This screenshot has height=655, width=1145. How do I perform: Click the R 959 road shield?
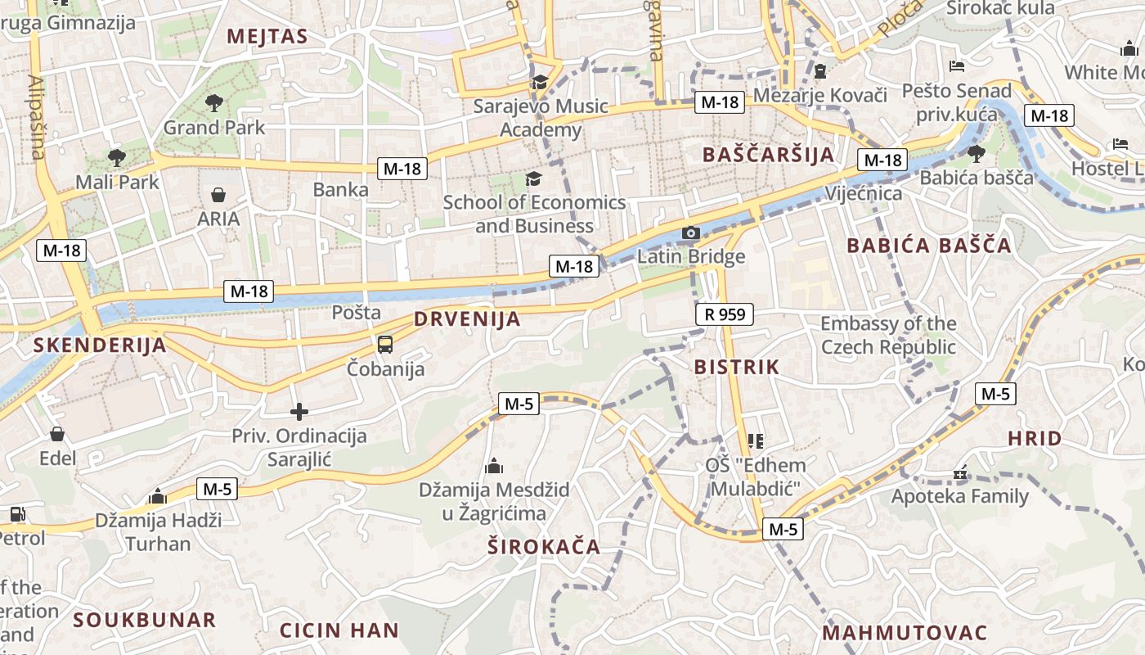point(725,314)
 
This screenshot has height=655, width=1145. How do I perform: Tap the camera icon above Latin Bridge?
point(691,233)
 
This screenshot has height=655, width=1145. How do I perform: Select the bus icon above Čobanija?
point(385,345)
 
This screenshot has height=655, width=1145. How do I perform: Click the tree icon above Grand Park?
point(214,103)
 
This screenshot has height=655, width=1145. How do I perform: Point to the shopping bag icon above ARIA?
point(218,195)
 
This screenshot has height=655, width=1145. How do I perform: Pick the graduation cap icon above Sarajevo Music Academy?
point(540,82)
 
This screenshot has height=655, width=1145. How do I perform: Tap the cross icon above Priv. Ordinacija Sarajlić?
point(299,412)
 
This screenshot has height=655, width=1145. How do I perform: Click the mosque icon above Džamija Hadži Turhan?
point(158,496)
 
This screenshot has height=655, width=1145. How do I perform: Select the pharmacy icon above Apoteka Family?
point(960,472)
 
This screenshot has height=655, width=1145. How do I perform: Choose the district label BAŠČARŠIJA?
point(768,155)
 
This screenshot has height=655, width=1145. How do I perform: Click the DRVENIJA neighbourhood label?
point(467,319)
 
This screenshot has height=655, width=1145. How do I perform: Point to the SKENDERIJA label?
point(100,345)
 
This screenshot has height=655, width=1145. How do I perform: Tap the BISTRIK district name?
point(736,367)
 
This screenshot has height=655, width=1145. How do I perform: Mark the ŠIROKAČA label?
point(543,547)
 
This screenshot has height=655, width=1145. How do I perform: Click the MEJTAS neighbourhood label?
point(267,36)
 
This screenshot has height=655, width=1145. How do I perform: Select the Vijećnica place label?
point(864,194)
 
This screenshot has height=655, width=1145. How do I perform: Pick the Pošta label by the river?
point(357,312)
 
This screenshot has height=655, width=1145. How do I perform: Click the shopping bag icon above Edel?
point(57,434)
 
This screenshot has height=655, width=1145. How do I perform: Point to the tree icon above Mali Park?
point(117,157)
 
